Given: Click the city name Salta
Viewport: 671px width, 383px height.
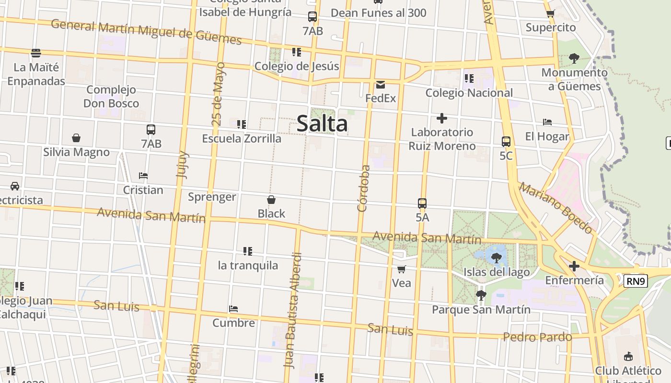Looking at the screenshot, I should tap(322, 124).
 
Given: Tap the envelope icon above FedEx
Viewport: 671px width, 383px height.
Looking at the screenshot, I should tap(381, 85).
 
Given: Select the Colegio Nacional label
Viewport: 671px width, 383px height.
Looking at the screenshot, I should tap(469, 93).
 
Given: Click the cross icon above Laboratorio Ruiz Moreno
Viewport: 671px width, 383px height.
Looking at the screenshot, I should tap(442, 118).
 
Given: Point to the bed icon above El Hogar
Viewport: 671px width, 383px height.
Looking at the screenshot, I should tap(547, 123).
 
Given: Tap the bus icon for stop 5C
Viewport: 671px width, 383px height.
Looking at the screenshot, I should tap(506, 142).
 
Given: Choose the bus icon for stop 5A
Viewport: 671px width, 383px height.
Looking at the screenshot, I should tap(422, 203).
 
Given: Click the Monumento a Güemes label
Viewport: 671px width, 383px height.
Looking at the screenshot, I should tap(574, 79).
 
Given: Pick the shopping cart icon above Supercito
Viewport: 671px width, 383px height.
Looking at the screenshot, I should tap(550, 14).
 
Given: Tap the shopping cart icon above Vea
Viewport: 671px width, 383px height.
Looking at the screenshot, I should tap(402, 270).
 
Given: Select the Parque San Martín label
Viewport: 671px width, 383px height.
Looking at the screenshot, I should tap(481, 310).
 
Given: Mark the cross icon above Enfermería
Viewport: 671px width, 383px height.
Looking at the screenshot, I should tap(574, 266).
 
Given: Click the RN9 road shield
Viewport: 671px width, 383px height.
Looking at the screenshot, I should tap(636, 281).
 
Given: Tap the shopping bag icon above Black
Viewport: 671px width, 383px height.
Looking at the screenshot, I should tap(271, 200).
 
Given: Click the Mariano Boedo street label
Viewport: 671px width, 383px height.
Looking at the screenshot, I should tap(555, 207).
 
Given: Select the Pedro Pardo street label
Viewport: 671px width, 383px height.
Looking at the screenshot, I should tap(537, 337).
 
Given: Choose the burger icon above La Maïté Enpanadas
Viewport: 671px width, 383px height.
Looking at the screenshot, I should tap(36, 53).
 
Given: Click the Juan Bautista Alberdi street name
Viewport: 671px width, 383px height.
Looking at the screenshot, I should tap(293, 310).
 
